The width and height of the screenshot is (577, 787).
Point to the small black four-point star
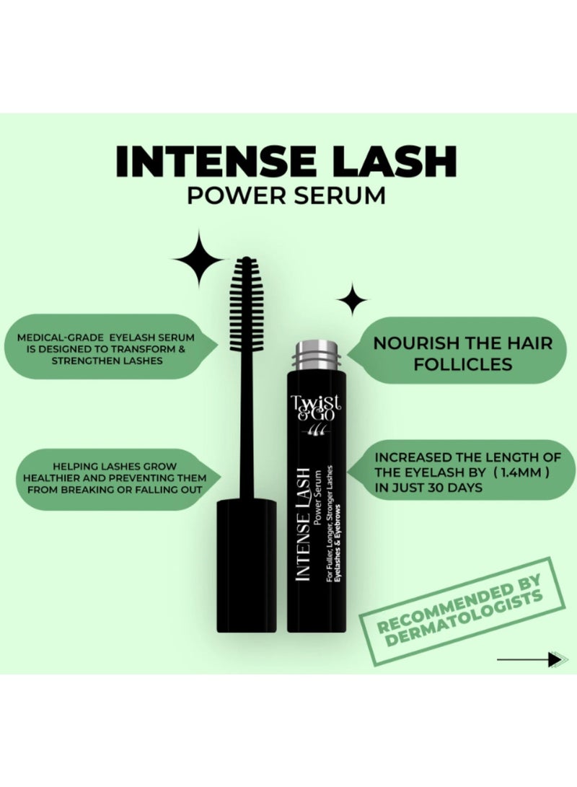(x=352, y=299)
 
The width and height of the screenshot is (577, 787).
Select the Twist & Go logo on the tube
(x=318, y=413)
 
